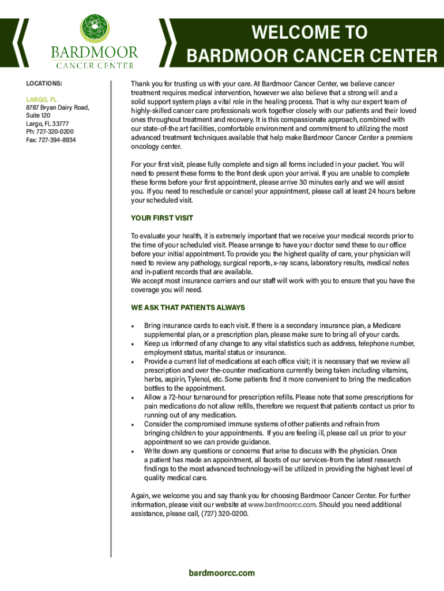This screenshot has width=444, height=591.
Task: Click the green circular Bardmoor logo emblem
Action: point(94,28)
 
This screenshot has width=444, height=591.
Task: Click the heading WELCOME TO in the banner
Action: point(309,32)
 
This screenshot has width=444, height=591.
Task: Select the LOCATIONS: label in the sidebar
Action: point(44,84)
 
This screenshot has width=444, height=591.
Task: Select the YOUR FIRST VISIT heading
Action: point(162,218)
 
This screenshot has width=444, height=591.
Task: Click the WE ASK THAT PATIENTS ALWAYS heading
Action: point(188,307)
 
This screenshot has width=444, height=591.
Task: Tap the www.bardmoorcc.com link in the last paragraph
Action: point(281,504)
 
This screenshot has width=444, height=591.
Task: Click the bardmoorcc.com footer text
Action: point(222,573)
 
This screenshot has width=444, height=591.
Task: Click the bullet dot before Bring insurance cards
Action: point(133,327)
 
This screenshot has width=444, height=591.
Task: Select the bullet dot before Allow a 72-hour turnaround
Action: point(133,398)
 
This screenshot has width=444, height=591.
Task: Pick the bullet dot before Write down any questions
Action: point(133,451)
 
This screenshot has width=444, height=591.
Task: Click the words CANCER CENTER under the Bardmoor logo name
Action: point(95,65)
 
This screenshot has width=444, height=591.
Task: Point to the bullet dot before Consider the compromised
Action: point(133,424)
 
